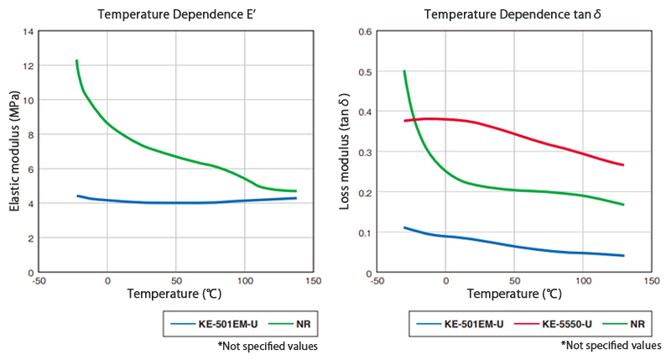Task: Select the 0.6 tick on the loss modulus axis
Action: tap(365, 32)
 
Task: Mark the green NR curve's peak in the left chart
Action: tap(76, 60)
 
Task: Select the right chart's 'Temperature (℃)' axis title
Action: tap(513, 295)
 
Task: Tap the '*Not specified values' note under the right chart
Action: tap(611, 345)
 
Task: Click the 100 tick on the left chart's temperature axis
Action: tap(244, 281)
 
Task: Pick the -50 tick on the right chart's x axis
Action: tap(378, 281)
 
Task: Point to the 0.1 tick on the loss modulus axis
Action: tap(365, 232)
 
